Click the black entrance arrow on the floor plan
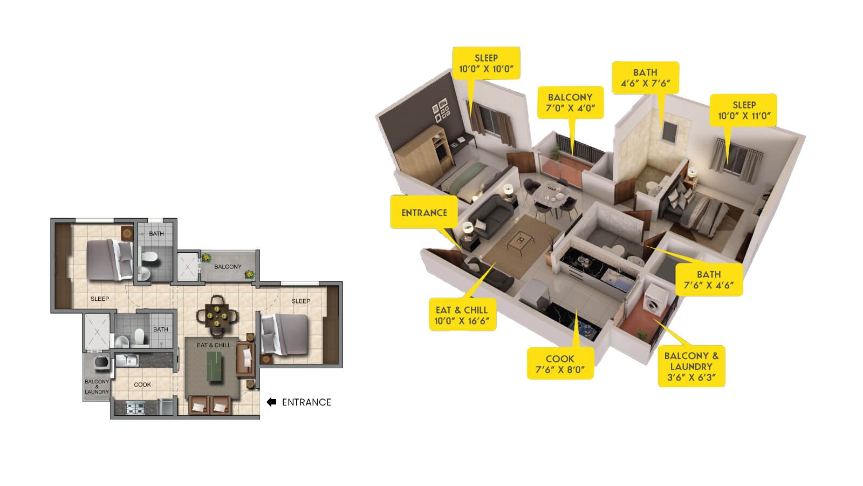[x=272, y=402]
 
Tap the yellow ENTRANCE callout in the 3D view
[x=424, y=212]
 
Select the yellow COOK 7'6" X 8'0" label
[x=560, y=364]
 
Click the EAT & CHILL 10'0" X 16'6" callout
[x=462, y=315]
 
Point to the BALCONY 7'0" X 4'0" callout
[x=571, y=103]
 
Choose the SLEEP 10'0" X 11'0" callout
[x=744, y=110]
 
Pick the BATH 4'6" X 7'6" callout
[x=646, y=78]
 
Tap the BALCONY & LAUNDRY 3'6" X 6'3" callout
[x=691, y=366]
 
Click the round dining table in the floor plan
[x=217, y=316]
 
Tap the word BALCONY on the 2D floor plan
[x=228, y=267]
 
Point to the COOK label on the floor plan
[x=142, y=384]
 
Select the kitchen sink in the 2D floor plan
[x=127, y=361]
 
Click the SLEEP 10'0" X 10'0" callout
[x=486, y=63]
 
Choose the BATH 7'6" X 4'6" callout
[x=709, y=280]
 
